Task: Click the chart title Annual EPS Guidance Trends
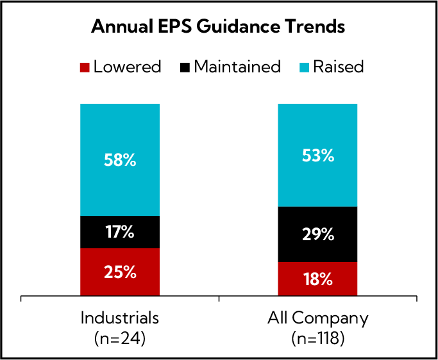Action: click(x=218, y=27)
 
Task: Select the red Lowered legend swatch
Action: click(x=84, y=67)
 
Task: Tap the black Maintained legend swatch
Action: click(x=185, y=67)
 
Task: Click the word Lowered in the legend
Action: click(x=126, y=67)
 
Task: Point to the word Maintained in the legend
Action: click(x=237, y=67)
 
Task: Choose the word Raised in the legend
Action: click(x=339, y=67)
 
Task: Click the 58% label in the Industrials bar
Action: click(x=120, y=160)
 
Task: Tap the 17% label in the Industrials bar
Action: click(x=120, y=232)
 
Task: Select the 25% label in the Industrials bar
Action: click(x=120, y=272)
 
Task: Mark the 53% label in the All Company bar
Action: click(x=317, y=154)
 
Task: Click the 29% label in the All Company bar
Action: click(x=317, y=234)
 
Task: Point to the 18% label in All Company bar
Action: click(x=317, y=279)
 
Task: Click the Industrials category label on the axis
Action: click(x=120, y=318)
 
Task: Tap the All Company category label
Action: click(x=317, y=318)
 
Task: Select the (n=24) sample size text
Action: click(x=120, y=338)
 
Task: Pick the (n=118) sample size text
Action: click(x=317, y=338)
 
